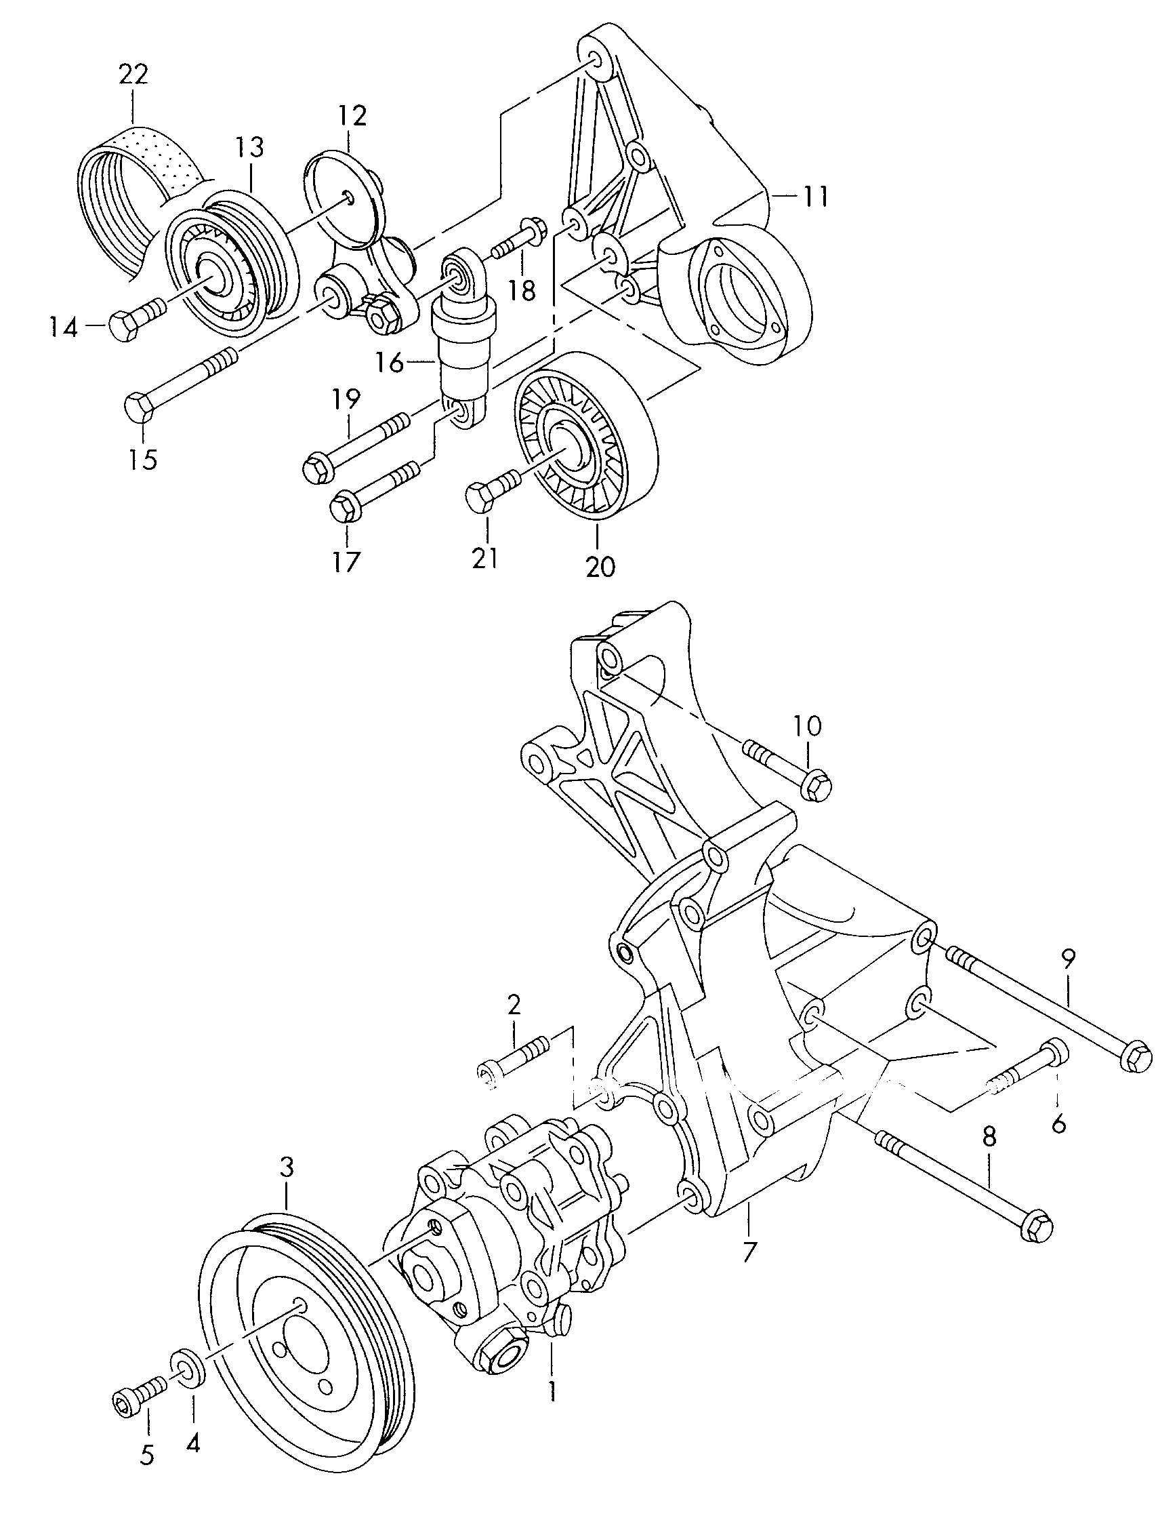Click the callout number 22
(x=133, y=74)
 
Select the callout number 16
(x=390, y=361)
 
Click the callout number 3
(x=287, y=1167)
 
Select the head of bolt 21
(x=479, y=497)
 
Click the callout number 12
(x=352, y=117)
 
